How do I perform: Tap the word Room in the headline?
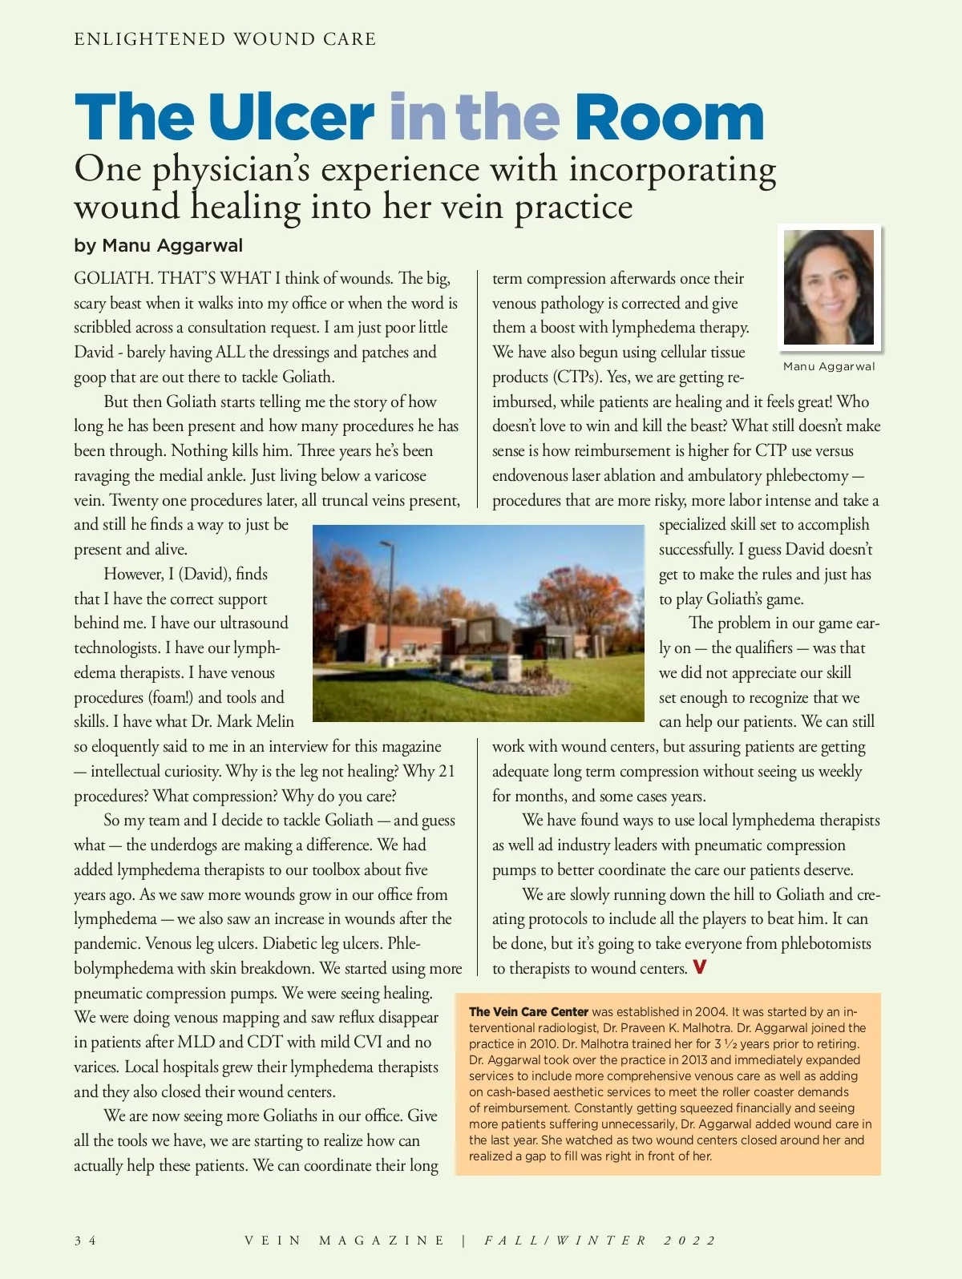pos(669,117)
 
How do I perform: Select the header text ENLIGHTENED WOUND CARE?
pos(225,39)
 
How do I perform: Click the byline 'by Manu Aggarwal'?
pos(158,245)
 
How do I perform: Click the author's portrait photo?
pos(828,288)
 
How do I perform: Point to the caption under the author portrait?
pos(828,366)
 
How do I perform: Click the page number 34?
pos(85,1241)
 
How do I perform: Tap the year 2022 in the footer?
pos(689,1241)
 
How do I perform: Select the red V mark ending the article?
pos(699,967)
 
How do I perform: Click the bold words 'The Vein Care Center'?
pos(528,1011)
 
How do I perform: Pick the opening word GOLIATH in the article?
pos(112,279)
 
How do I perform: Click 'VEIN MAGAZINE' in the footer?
pos(344,1241)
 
